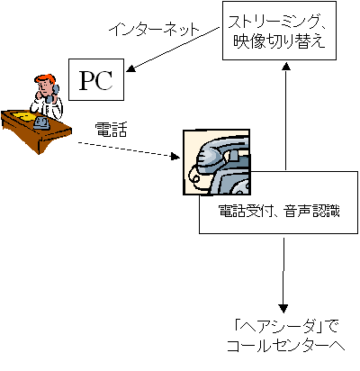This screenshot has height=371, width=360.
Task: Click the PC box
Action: pyautogui.click(x=96, y=79)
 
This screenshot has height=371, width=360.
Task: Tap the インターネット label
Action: pyautogui.click(x=154, y=30)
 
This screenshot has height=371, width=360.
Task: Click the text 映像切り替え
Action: pyautogui.click(x=279, y=41)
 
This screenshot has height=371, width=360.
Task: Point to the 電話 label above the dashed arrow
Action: pyautogui.click(x=111, y=130)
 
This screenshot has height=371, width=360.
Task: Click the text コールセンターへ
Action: pyautogui.click(x=285, y=346)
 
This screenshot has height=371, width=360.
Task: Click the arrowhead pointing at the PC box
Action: pyautogui.click(x=131, y=68)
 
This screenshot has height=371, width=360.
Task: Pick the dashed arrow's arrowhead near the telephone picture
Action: pyautogui.click(x=175, y=156)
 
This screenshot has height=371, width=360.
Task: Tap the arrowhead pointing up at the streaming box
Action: pyautogui.click(x=286, y=66)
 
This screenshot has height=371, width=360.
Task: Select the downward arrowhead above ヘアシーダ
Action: pyautogui.click(x=283, y=309)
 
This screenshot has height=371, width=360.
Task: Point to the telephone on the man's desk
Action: pyautogui.click(x=40, y=122)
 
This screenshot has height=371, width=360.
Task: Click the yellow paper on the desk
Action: pyautogui.click(x=22, y=115)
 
